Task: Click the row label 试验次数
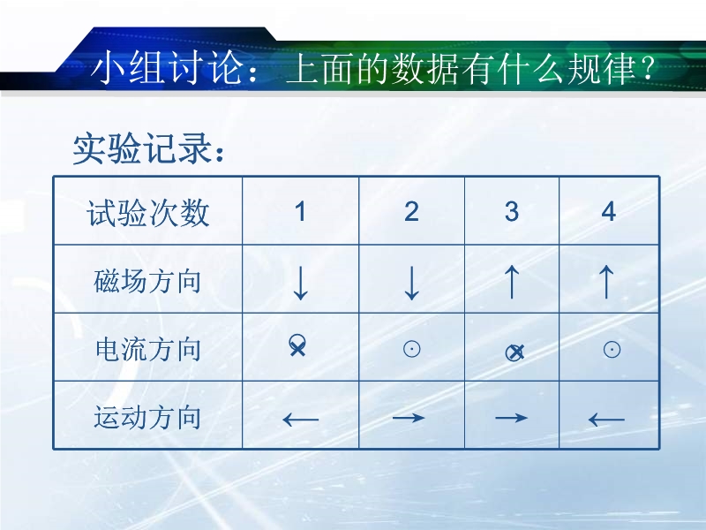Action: [x=148, y=213]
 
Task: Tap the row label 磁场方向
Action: [x=147, y=281]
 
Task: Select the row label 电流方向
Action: [x=148, y=349]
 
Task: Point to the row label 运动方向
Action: [x=147, y=417]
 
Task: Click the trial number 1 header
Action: [x=300, y=211]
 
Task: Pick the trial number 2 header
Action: [x=411, y=211]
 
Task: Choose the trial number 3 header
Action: [x=512, y=211]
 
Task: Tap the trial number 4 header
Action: [x=609, y=211]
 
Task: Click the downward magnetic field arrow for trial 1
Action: [x=300, y=283]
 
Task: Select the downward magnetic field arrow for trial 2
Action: [x=411, y=283]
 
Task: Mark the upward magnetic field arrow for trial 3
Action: [x=512, y=282]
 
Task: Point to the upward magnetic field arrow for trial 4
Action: [x=606, y=282]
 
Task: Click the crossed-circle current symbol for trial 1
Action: [x=297, y=345]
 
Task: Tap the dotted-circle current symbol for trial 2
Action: [x=411, y=349]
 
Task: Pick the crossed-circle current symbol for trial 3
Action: [x=514, y=352]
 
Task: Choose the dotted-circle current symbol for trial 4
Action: [x=612, y=349]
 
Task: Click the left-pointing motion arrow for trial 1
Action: [x=300, y=420]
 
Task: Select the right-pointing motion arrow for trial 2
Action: [x=409, y=418]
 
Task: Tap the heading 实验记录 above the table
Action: [x=148, y=148]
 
